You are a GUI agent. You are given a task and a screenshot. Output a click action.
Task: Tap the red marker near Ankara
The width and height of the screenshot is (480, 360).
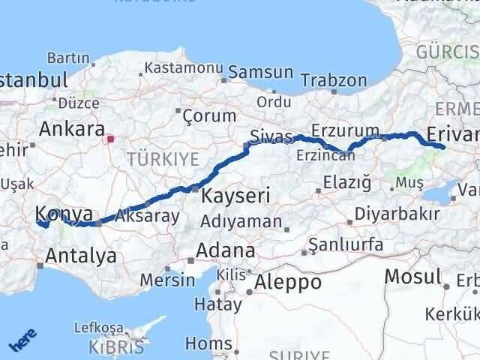point(111,138)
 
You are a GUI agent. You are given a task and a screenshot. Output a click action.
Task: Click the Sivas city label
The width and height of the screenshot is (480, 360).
point(270,137)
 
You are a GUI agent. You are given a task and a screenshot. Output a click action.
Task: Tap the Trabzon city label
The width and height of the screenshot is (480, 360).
point(334,80)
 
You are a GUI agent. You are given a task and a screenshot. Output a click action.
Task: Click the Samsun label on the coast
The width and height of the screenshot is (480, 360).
point(261,73)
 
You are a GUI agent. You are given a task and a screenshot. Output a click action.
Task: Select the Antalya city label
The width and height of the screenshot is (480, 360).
point(81,256)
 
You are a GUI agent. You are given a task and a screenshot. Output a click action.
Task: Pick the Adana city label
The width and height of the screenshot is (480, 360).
point(225,250)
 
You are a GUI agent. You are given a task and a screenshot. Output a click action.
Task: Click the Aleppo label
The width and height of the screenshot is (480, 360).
point(289,282)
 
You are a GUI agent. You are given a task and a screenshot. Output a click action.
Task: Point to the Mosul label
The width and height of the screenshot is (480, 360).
point(412,277)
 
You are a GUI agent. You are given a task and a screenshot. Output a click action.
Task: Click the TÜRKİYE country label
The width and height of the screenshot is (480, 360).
point(163,158)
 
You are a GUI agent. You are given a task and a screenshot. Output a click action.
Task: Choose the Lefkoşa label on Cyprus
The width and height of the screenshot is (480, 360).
point(97,328)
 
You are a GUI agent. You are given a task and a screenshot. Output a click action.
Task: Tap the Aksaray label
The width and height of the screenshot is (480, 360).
point(147,217)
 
